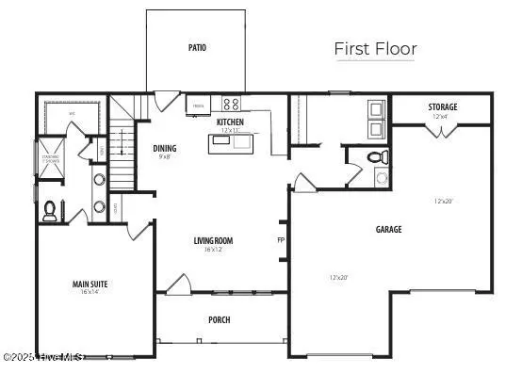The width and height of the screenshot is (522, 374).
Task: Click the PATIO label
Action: point(197,47)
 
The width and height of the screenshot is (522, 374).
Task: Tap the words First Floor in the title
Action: point(375,49)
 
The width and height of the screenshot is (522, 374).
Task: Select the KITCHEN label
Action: point(230,122)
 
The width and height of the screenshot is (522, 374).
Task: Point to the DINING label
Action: point(165,148)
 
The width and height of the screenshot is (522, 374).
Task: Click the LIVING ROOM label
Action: point(213,240)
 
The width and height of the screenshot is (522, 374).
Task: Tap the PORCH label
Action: point(220,320)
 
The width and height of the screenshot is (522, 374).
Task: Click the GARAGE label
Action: point(388,229)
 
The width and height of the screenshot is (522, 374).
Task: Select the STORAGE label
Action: point(442,107)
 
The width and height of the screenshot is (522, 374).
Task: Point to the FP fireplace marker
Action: point(281,239)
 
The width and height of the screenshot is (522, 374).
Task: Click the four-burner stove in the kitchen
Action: point(231,105)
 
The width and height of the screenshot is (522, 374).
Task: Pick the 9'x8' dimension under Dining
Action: point(165,157)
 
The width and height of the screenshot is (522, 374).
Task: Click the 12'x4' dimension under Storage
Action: point(442,117)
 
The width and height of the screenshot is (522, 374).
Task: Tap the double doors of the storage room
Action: point(439,130)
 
